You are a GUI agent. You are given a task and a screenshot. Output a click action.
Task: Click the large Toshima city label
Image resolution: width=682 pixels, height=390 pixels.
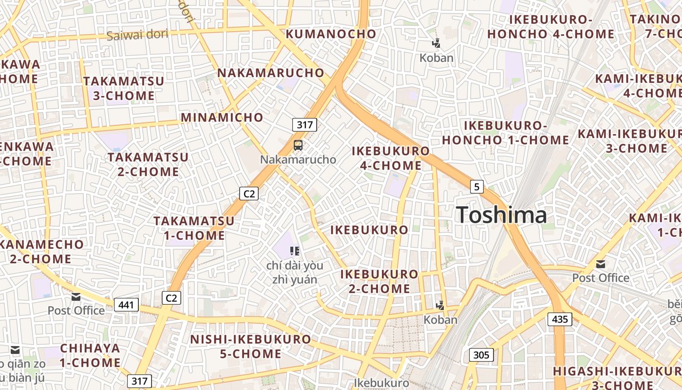coord(501,215)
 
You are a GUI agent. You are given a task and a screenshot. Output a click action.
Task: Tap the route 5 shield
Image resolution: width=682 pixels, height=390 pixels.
coord(476,186)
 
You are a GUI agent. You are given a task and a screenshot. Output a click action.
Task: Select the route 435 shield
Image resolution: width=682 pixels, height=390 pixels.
coord(560,319)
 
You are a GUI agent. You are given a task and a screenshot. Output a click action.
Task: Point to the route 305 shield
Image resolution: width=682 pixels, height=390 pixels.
coord(481,354)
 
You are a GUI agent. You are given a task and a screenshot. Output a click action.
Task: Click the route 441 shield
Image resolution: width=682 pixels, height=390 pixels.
coord(126,305)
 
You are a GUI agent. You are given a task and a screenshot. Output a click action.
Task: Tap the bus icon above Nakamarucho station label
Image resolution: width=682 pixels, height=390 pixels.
coord(298,145)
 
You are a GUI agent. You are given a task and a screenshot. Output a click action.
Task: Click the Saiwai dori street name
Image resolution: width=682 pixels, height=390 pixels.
coord(137,35)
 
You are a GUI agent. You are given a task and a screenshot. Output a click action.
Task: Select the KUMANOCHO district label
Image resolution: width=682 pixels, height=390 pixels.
coord(331,34)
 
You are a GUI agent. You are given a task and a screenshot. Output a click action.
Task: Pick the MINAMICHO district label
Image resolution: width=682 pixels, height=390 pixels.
coord(222,117)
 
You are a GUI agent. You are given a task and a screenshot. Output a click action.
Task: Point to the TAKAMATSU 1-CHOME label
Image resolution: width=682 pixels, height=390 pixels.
coord(194,228)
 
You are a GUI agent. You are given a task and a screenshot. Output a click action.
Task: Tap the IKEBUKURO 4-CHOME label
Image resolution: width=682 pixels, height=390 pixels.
coord(391,158)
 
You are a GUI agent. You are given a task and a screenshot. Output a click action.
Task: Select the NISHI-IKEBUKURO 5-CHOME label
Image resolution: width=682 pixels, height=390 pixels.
coord(250,346)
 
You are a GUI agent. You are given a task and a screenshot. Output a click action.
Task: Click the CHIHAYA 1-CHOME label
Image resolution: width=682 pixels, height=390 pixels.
coord(90,355)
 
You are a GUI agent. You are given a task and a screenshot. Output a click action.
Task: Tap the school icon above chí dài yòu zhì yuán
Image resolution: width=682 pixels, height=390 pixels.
coord(294,251)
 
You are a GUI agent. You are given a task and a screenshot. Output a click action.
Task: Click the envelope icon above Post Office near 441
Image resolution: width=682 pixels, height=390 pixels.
coord(76,296)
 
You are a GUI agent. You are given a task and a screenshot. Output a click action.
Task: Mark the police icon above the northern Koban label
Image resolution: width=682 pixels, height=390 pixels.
coord(436,43)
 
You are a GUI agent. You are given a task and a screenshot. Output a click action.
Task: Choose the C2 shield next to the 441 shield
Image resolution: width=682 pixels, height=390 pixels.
coord(171,297)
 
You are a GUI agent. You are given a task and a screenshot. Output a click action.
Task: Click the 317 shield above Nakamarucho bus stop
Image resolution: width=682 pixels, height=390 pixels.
coord(304,125)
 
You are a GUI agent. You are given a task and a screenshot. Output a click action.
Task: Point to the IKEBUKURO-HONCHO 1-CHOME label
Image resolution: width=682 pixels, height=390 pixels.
coord(506,133)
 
